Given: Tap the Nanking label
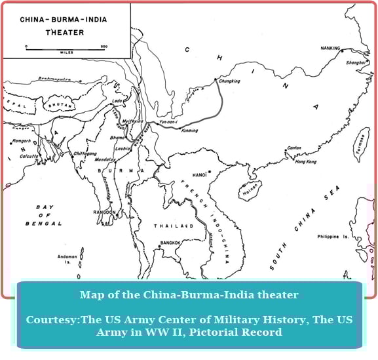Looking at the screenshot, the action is [x=330, y=48].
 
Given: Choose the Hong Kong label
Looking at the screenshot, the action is [x=306, y=161].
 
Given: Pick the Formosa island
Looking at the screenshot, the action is [x=362, y=145].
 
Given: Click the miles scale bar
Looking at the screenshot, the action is [x=65, y=47].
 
